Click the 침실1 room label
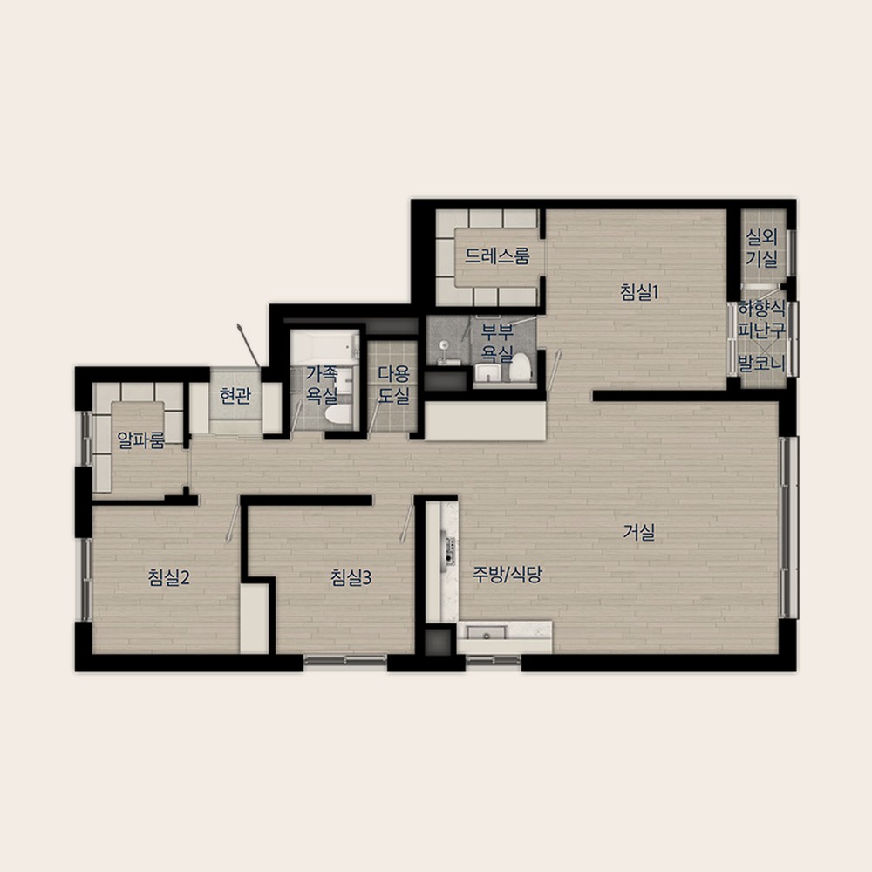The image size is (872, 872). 639,292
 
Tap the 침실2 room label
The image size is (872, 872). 168,577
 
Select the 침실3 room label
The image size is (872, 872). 351,577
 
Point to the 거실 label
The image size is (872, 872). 638,532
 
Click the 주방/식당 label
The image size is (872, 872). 507,574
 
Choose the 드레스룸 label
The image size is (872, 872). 497,255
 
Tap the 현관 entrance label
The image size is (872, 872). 235,395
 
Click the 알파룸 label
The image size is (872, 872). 140,439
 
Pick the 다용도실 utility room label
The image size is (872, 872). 394,384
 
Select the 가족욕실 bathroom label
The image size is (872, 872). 322,384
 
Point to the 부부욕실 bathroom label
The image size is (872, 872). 497,342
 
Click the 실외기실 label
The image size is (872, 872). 761,248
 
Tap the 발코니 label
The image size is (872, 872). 761,364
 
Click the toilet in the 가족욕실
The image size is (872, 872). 338,415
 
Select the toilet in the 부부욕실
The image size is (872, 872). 521,368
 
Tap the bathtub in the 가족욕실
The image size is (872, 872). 324,348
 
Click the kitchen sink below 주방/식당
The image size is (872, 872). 487,633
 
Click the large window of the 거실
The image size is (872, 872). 788,528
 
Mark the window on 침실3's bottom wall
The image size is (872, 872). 345,660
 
